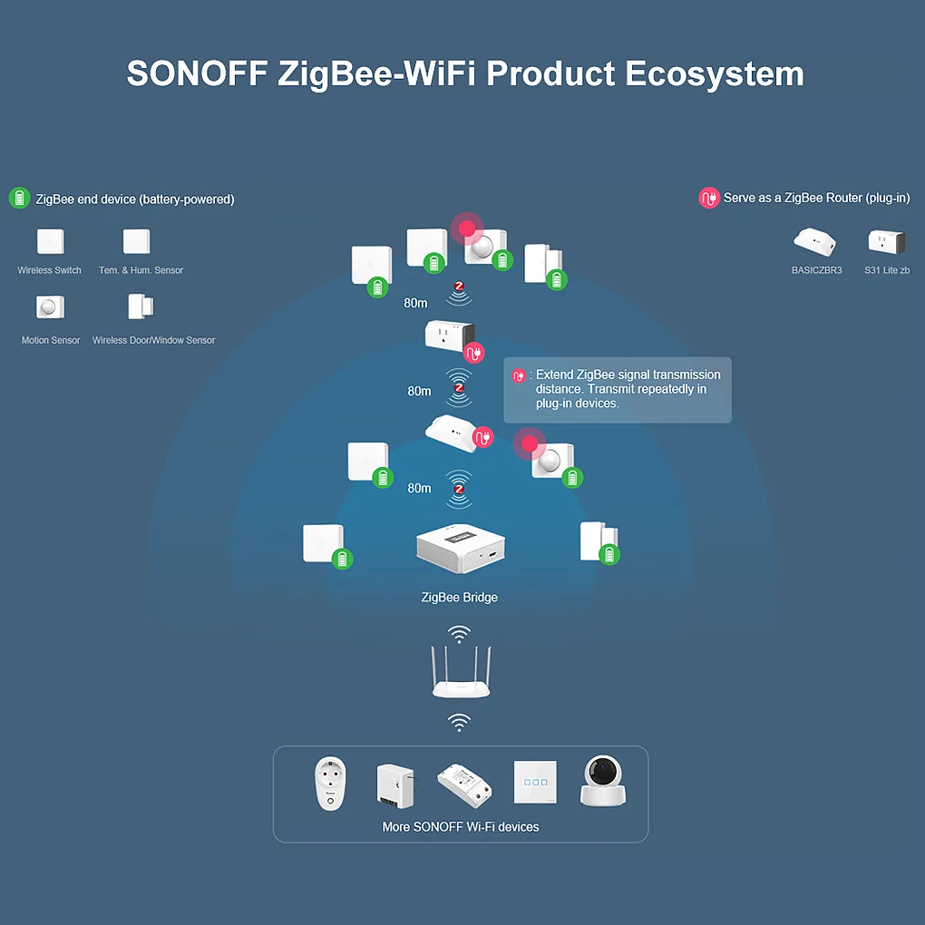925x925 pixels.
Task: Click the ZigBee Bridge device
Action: click(460, 549)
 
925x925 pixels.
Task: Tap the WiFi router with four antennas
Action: click(461, 673)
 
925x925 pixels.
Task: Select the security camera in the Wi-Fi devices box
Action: click(602, 781)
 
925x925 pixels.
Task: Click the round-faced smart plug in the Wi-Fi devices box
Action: click(330, 784)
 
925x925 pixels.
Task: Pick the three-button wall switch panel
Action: click(535, 783)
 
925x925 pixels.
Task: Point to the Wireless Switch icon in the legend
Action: click(50, 241)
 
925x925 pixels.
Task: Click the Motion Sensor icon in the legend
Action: click(50, 307)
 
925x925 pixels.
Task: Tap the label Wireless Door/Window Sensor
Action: click(153, 340)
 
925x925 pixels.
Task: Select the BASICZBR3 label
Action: click(816, 270)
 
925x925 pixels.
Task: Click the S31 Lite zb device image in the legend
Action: click(886, 242)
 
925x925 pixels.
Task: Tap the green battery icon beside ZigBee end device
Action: click(19, 199)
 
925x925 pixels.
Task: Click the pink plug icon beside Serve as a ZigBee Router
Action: click(709, 199)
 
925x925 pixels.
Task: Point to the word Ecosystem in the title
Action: click(715, 74)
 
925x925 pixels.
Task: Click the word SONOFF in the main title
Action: click(198, 73)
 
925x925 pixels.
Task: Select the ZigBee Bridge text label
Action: click(460, 598)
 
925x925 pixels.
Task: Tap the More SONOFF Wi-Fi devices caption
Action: click(461, 827)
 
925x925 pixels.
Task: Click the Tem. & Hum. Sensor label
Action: click(141, 270)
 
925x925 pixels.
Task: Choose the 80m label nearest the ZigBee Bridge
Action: click(420, 489)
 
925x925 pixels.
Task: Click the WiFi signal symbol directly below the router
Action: click(459, 722)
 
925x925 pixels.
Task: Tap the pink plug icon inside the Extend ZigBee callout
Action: click(519, 375)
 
